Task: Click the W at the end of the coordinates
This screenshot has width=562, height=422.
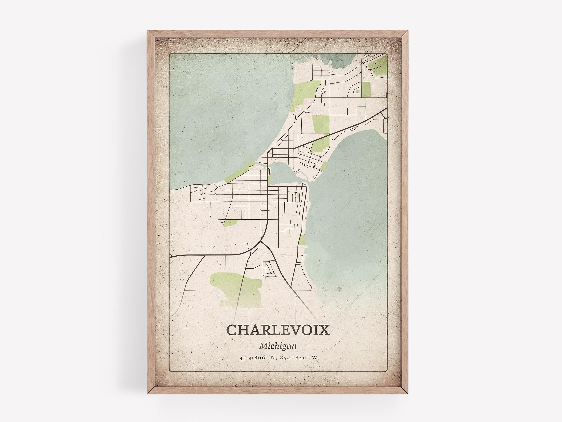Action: tap(315, 358)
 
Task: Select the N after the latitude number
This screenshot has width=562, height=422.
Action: tap(273, 358)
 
